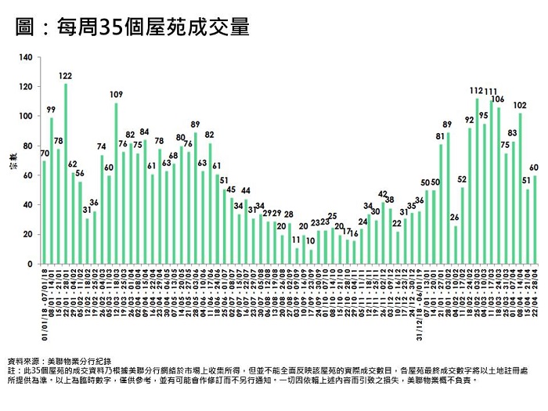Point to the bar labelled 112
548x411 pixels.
tap(477, 181)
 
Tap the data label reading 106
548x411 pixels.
tap(498, 99)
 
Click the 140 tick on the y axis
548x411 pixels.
tap(26, 57)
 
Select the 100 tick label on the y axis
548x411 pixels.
tap(26, 116)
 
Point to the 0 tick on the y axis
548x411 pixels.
tap(31, 264)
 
